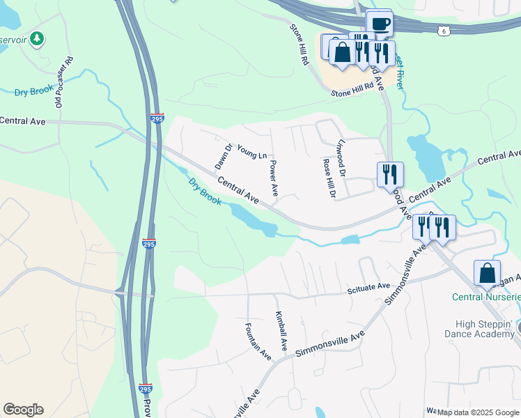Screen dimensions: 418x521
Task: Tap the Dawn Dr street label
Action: click(x=223, y=157)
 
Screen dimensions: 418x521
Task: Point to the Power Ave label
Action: click(x=274, y=178)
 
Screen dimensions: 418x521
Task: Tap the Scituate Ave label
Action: click(x=369, y=286)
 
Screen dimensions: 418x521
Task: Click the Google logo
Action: click(x=23, y=410)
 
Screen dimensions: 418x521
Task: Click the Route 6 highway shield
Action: click(x=444, y=31)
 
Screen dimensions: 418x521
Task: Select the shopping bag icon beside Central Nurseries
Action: click(x=487, y=272)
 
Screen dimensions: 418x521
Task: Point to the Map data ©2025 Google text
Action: click(x=479, y=412)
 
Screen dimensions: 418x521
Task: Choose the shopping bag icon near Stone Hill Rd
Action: click(x=343, y=52)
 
